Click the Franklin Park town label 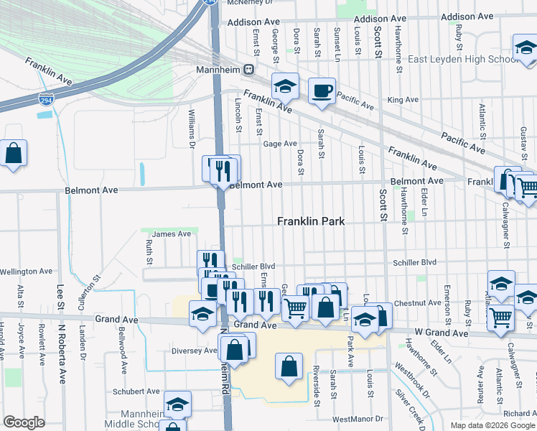coord(311,222)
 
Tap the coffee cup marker coord(322,91)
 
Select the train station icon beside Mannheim coord(249,70)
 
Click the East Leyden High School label coord(463,59)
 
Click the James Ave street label coord(171,233)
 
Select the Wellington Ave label coord(27,272)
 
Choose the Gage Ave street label coord(280,144)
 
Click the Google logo coord(24,422)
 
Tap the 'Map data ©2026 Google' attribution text coord(492,425)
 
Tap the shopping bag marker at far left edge coord(13,154)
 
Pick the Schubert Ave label coord(135,391)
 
